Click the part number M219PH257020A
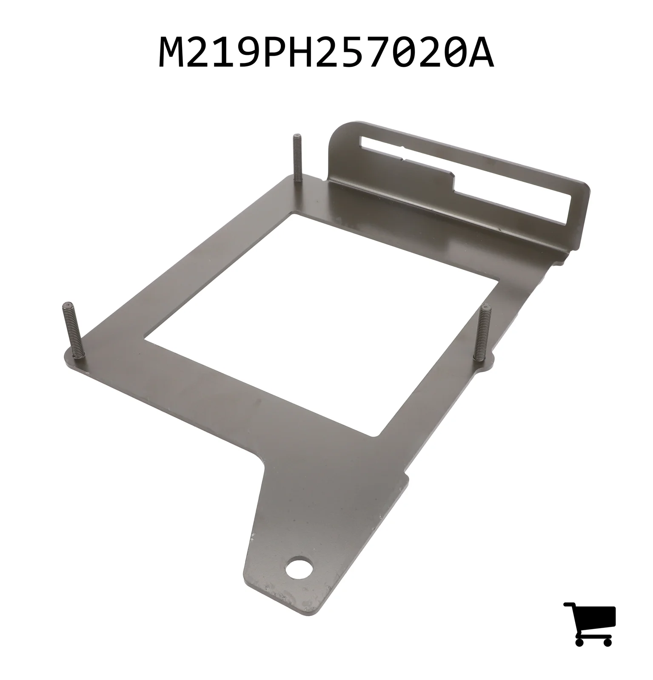pos(326,53)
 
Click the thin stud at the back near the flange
pos(297,158)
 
